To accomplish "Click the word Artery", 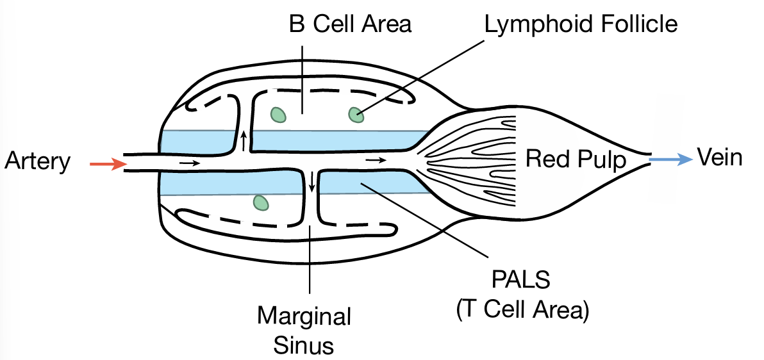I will [x=37, y=161].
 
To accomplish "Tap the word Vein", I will [x=719, y=157].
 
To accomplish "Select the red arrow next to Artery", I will [x=108, y=164].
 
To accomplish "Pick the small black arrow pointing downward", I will [x=312, y=182].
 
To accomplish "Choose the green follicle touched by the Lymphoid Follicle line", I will [x=355, y=115].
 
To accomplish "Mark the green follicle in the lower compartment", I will [x=260, y=202].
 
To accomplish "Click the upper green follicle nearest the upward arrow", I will [x=278, y=114].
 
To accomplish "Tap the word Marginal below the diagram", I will [x=304, y=316].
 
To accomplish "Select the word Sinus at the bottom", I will [x=304, y=345].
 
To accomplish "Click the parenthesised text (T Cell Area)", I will [x=520, y=311].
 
